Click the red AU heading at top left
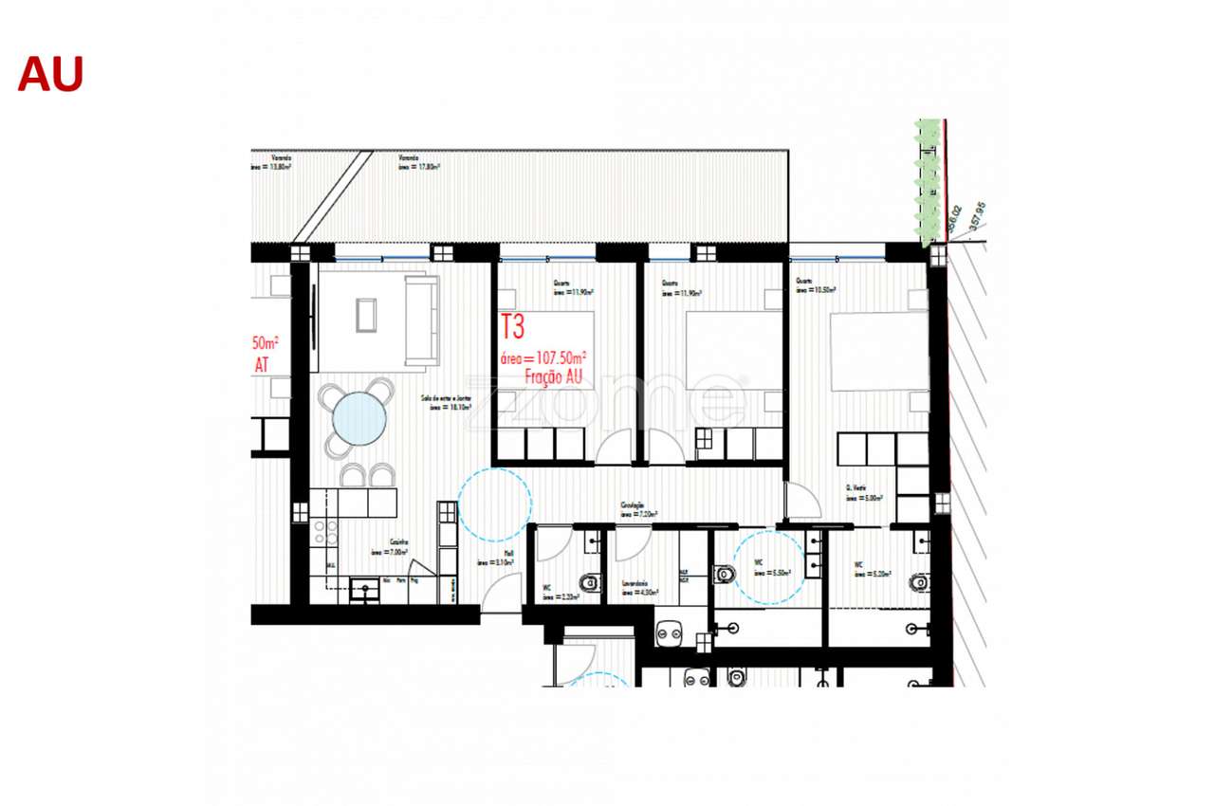click(x=50, y=74)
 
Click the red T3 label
click(x=512, y=327)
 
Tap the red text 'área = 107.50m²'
click(x=543, y=358)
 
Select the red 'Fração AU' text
click(x=553, y=376)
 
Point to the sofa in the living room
click(x=421, y=320)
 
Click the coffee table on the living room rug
click(x=366, y=315)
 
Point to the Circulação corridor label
click(x=634, y=506)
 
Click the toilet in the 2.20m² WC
click(x=590, y=583)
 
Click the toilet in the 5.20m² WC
click(x=918, y=581)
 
